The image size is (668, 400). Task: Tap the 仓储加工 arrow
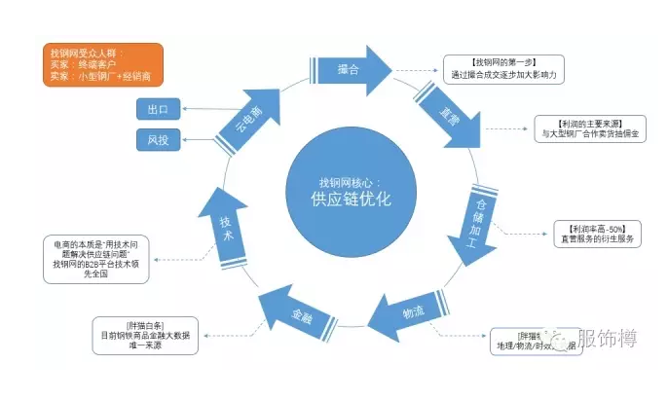(x=476, y=216)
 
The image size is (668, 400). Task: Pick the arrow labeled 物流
(x=410, y=311)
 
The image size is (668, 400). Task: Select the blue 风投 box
(x=159, y=142)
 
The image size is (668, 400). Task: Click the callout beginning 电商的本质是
(x=96, y=258)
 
